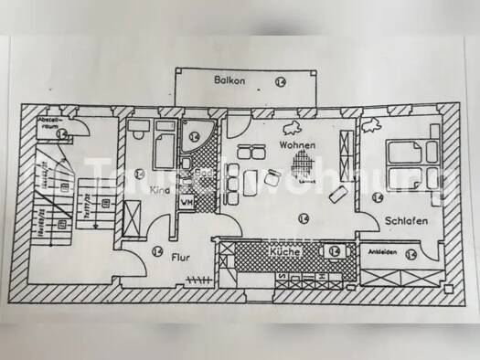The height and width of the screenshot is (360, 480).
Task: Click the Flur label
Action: (181, 258)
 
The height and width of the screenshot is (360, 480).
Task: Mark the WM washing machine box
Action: (187, 202)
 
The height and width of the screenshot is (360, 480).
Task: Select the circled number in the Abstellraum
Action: (61, 135)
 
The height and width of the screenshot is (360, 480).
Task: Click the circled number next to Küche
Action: (334, 250)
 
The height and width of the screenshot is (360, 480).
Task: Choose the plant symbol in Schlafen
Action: (372, 122)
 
